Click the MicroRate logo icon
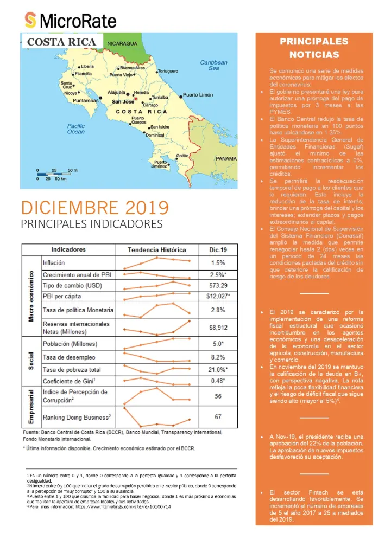(x=30, y=21)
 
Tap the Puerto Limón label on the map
(x=198, y=94)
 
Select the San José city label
(x=123, y=101)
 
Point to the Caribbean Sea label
(x=213, y=65)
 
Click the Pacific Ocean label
(x=76, y=129)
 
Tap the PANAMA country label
(x=226, y=158)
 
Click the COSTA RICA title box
(x=61, y=42)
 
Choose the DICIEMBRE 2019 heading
(x=94, y=207)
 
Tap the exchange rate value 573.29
(x=217, y=285)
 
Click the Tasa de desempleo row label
(x=69, y=357)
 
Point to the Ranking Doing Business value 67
(x=217, y=417)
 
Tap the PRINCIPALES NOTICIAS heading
(x=314, y=48)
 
